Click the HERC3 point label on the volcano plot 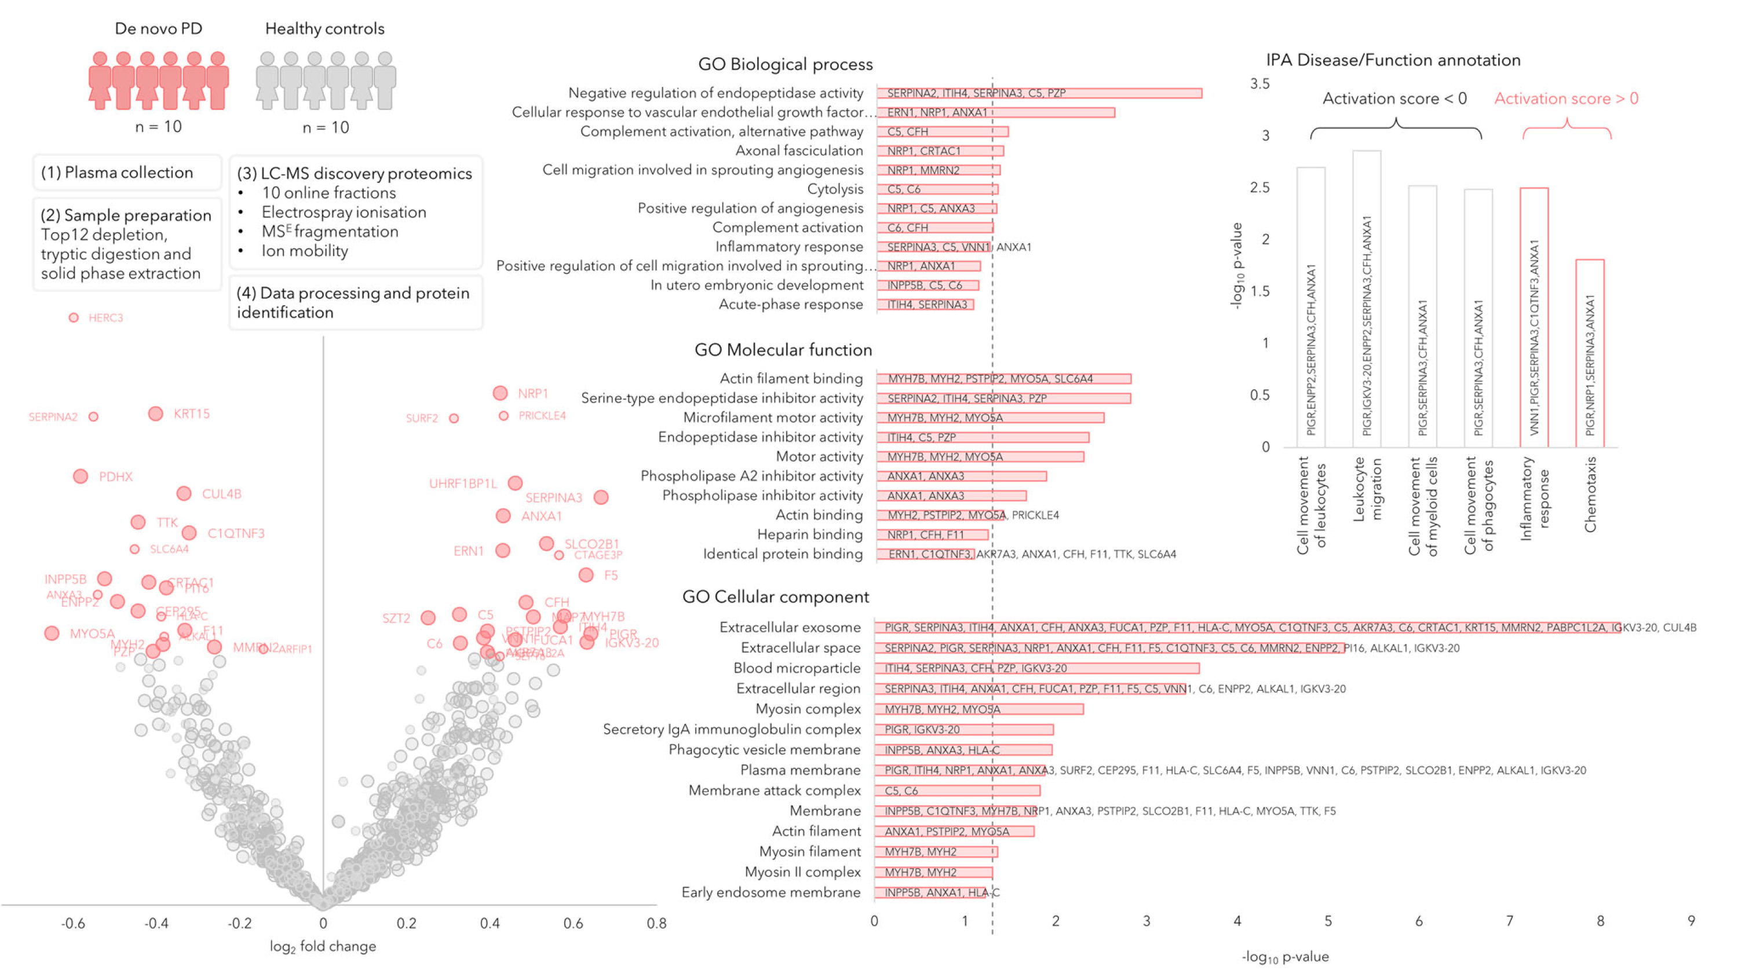(x=105, y=318)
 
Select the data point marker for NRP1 (x=500, y=393)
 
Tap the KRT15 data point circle (x=155, y=413)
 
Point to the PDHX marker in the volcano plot (x=81, y=476)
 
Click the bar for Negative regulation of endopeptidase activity (x=1039, y=93)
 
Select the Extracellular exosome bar (x=1247, y=627)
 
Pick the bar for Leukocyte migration (x=1366, y=298)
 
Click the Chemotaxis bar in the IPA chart (x=1590, y=353)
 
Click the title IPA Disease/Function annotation (x=1393, y=60)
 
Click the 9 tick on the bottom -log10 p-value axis (x=1690, y=921)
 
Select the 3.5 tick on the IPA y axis (x=1259, y=83)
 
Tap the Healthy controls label (x=324, y=28)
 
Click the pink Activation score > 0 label (x=1566, y=98)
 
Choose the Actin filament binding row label (x=791, y=378)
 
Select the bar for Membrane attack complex (x=958, y=790)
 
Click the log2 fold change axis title (x=323, y=946)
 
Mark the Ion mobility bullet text (x=304, y=251)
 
